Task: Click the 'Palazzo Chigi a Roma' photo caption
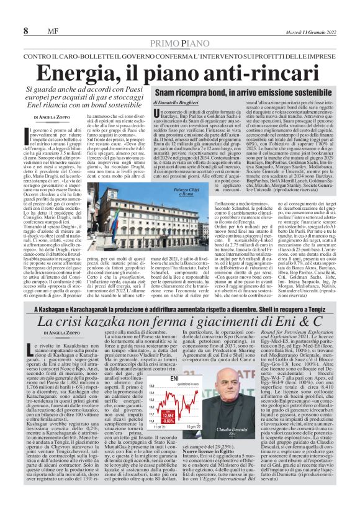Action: pyautogui.click(x=167, y=193)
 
